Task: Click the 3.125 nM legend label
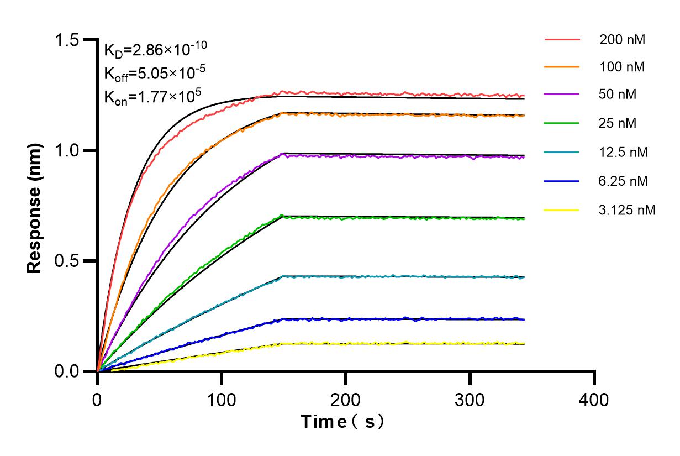click(x=627, y=210)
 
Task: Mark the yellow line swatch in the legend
click(x=562, y=210)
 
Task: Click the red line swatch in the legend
click(x=562, y=40)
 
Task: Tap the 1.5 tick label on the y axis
click(x=68, y=40)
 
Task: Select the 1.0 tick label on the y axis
click(x=68, y=150)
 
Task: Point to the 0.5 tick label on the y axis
click(x=68, y=261)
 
